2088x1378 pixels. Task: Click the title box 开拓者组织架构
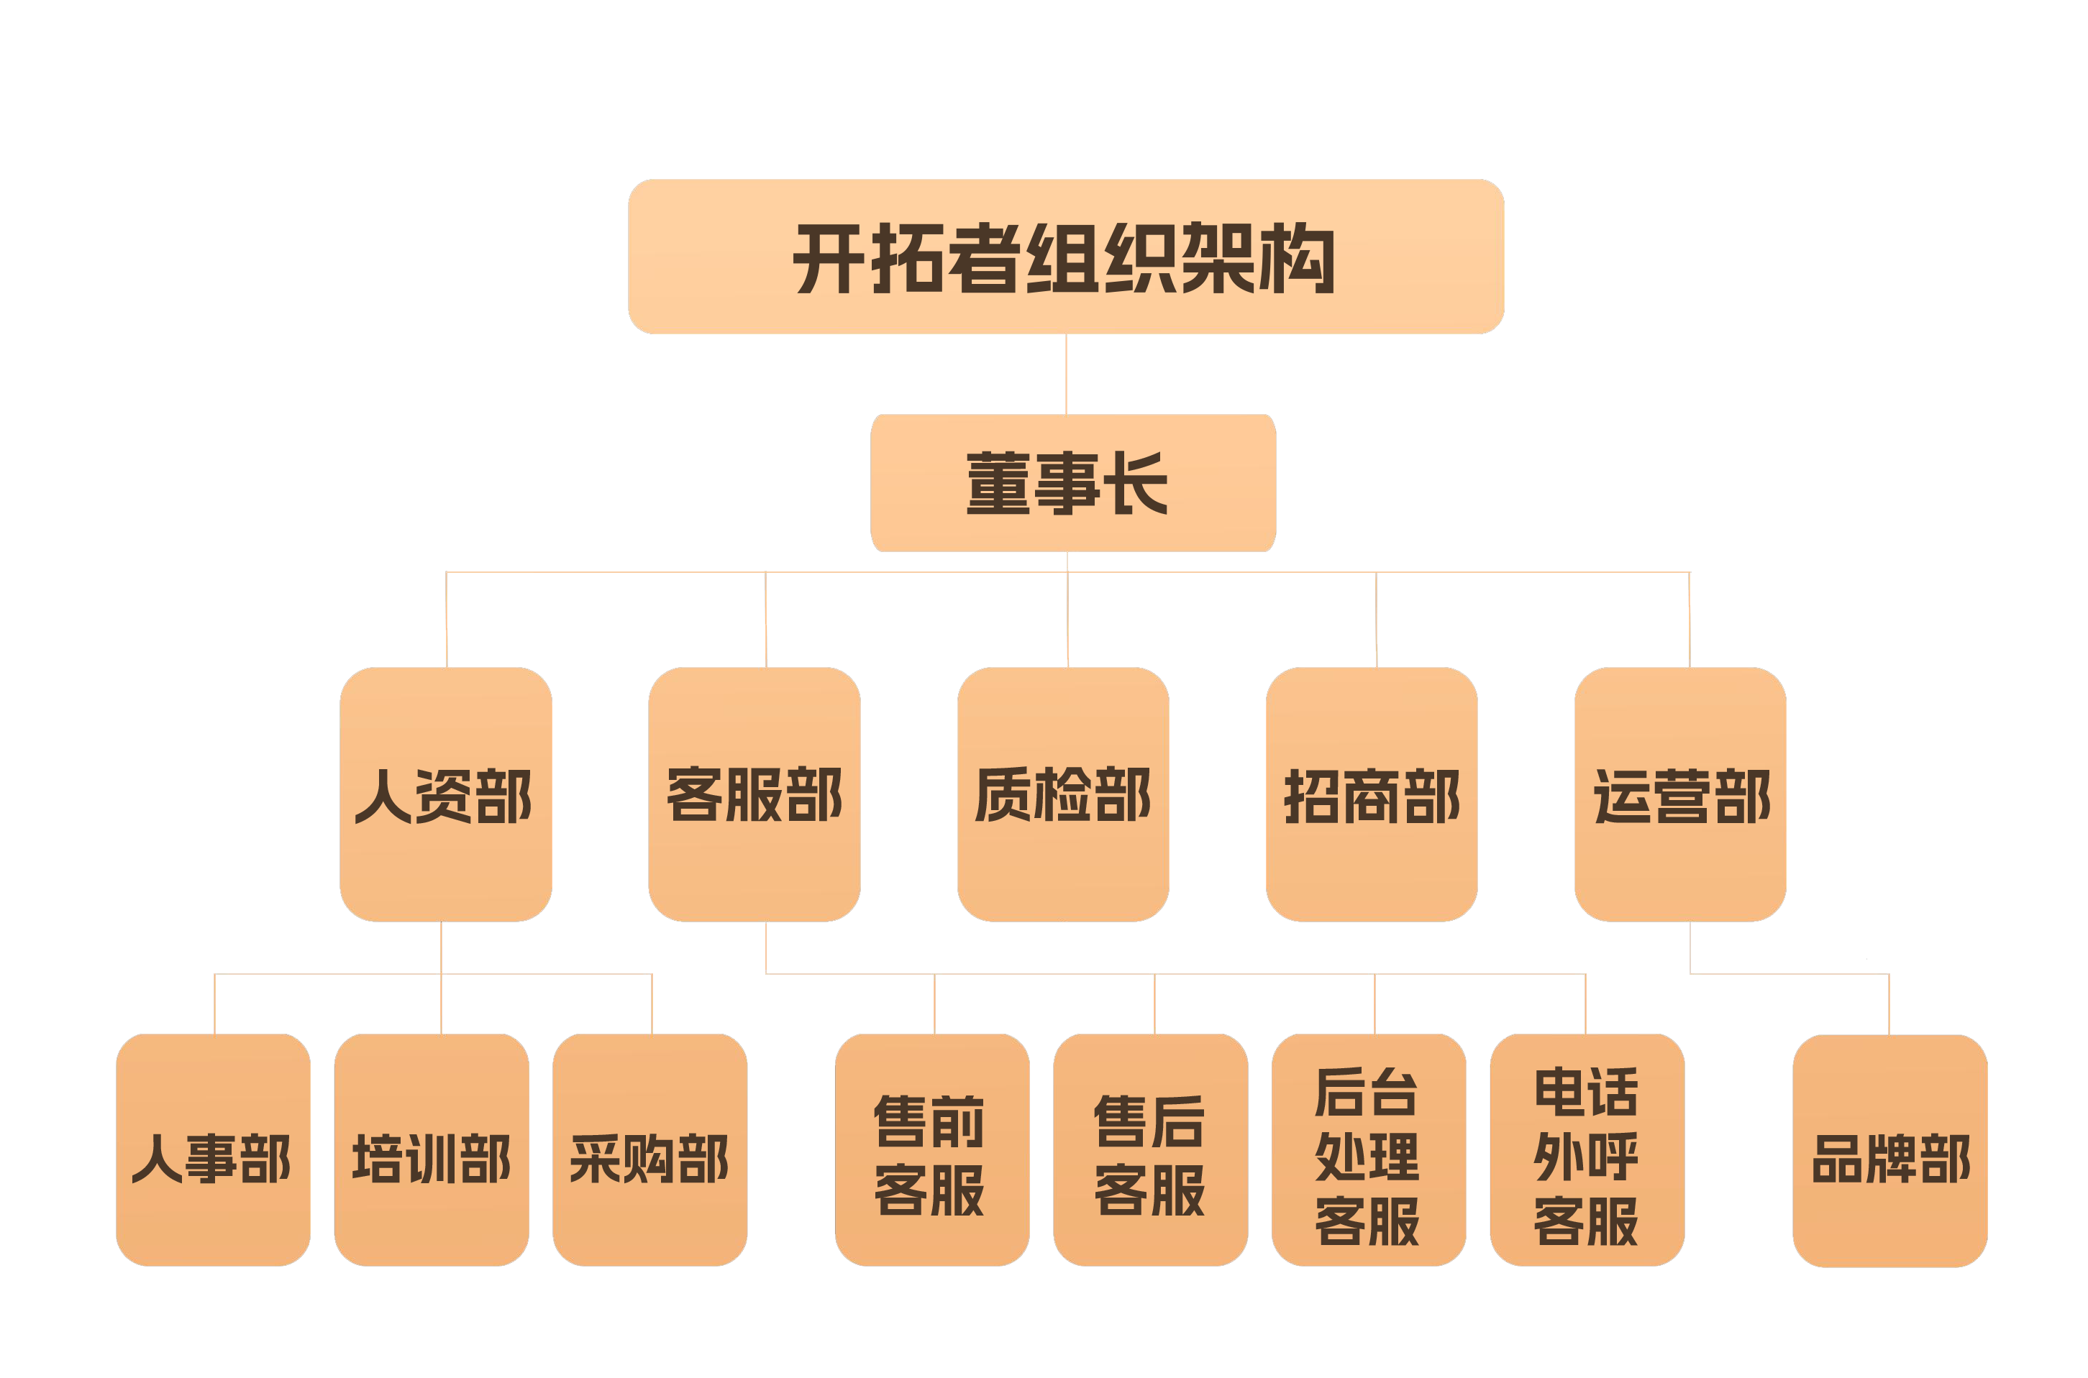(x=1065, y=257)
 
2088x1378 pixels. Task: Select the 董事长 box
(x=1072, y=482)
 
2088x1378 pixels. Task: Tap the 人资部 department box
(x=446, y=794)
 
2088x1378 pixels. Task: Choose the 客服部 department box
(x=754, y=794)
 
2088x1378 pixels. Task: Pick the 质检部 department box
(x=1063, y=794)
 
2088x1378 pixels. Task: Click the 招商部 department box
(x=1372, y=794)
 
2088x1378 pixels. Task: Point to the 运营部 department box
(x=1680, y=794)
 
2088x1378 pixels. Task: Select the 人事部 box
(x=213, y=1149)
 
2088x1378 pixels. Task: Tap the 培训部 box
(x=431, y=1149)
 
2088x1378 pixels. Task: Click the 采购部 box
(x=649, y=1149)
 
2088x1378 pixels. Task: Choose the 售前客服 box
(x=932, y=1149)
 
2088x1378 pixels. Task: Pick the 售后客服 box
(x=1150, y=1149)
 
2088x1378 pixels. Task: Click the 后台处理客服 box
(x=1368, y=1149)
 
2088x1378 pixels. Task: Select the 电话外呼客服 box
(x=1587, y=1149)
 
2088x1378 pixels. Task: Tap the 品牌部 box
(x=1890, y=1149)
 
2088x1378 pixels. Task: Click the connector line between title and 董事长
(x=1067, y=374)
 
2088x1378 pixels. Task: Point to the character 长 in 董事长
(x=1139, y=482)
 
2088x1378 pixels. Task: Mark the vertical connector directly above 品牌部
(x=1889, y=1003)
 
